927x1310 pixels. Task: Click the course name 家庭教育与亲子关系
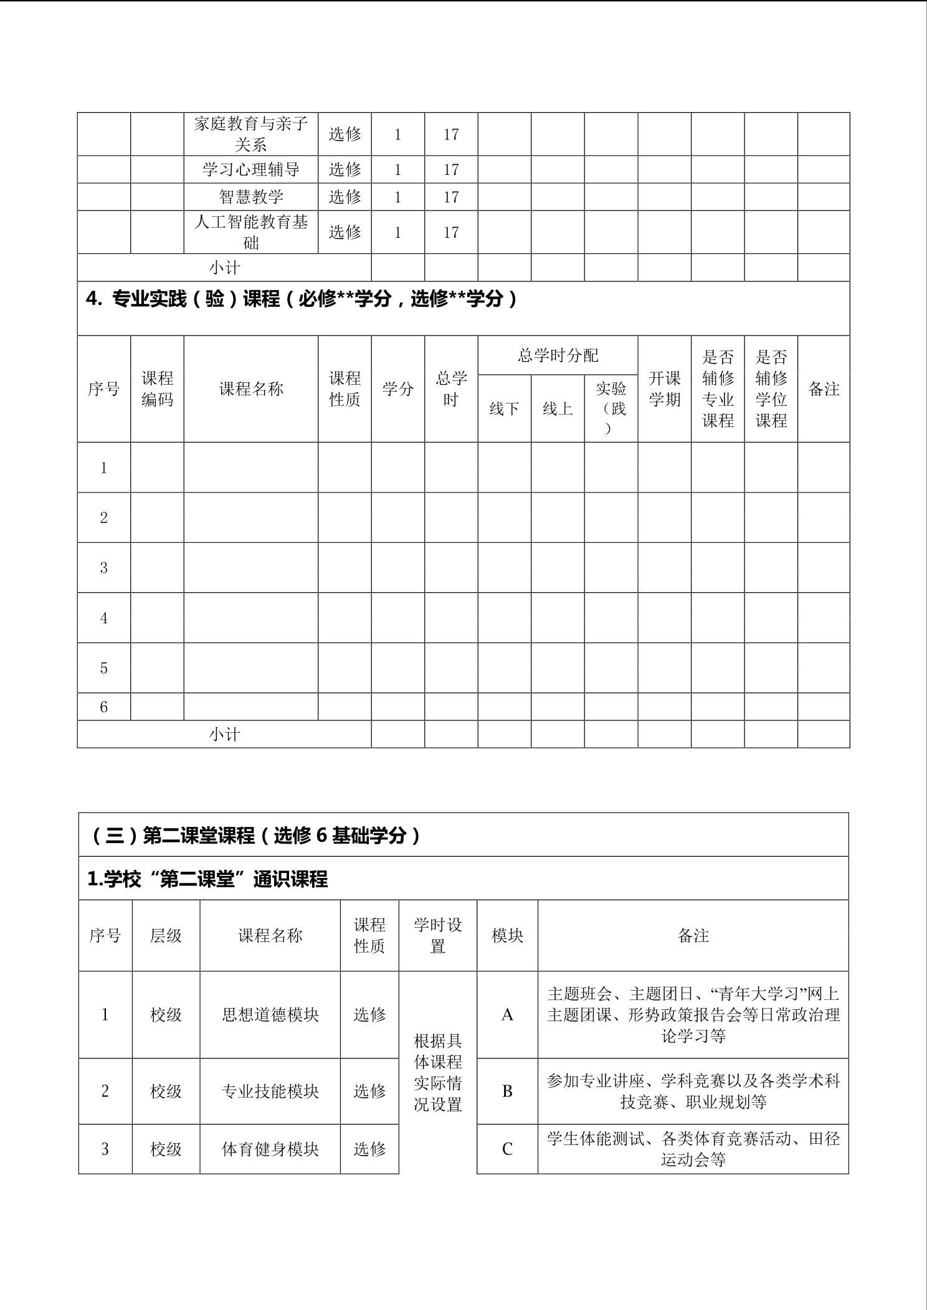251,134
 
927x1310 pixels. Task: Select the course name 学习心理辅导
251,169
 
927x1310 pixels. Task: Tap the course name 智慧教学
251,197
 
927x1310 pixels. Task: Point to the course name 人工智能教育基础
251,232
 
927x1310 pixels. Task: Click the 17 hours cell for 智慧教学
451,197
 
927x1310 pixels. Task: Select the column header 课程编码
157,389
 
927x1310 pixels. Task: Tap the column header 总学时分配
558,356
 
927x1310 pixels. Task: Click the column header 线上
558,408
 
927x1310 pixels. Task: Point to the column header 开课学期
664,389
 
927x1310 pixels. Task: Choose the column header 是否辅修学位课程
771,389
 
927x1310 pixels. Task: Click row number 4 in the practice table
104,618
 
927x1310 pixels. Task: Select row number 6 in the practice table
104,707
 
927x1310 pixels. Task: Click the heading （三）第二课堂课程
255,835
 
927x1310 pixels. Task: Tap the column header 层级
166,935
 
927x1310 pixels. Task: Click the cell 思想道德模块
270,1015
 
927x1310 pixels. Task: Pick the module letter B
507,1091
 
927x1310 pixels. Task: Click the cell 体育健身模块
270,1149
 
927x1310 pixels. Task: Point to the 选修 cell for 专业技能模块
369,1091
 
